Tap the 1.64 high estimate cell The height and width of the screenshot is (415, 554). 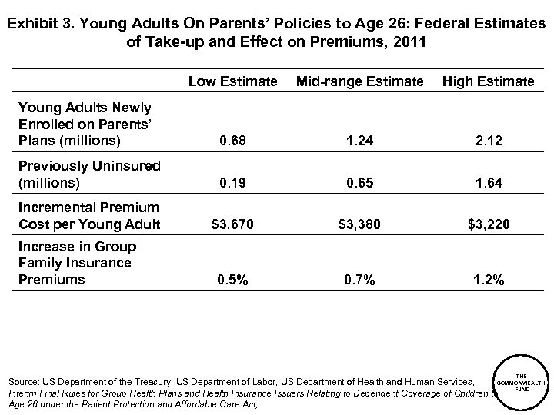pos(489,184)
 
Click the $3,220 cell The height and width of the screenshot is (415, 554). pos(489,225)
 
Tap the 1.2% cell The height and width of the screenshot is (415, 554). pos(489,281)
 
